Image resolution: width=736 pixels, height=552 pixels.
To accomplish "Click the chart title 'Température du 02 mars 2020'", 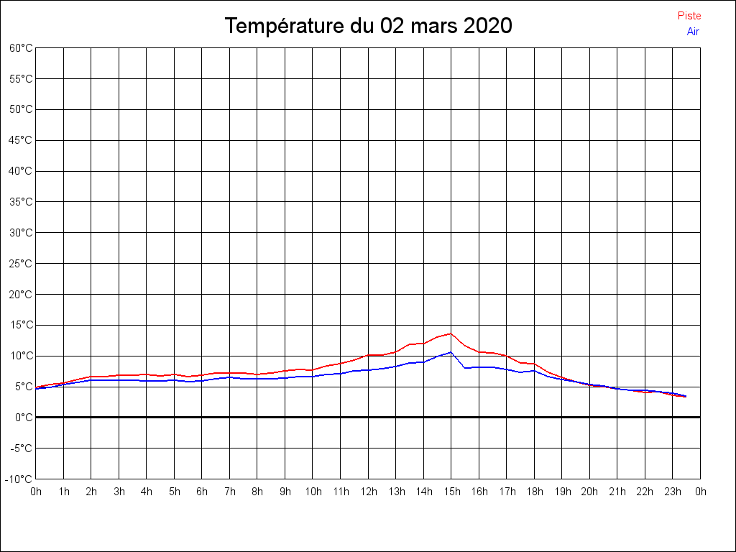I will click(368, 26).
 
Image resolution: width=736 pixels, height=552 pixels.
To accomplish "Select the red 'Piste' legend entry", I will click(689, 16).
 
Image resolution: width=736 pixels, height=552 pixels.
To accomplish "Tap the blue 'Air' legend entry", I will click(693, 31).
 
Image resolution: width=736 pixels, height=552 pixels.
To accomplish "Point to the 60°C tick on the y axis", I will click(21, 48).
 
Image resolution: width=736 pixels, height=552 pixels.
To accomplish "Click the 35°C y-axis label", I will click(21, 202).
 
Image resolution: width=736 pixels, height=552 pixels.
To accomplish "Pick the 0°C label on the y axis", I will click(24, 418).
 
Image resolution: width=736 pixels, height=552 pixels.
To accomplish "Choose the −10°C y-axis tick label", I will click(19, 479).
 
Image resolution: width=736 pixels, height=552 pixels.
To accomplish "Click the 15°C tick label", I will click(21, 325).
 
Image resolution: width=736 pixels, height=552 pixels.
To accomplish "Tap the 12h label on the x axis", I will click(368, 492).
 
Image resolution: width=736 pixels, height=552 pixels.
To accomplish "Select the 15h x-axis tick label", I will click(451, 492).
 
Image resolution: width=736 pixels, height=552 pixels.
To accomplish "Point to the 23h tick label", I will click(673, 492).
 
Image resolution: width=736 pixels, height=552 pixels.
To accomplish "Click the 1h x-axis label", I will click(64, 492).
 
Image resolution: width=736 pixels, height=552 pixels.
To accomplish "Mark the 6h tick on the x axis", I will click(202, 492).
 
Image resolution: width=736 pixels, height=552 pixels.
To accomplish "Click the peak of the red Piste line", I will click(451, 333).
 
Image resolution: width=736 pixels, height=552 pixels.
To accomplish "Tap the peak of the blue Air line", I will click(451, 352).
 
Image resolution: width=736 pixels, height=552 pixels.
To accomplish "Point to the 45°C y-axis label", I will click(21, 140).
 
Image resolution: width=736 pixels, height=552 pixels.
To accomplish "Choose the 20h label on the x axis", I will click(589, 492).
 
